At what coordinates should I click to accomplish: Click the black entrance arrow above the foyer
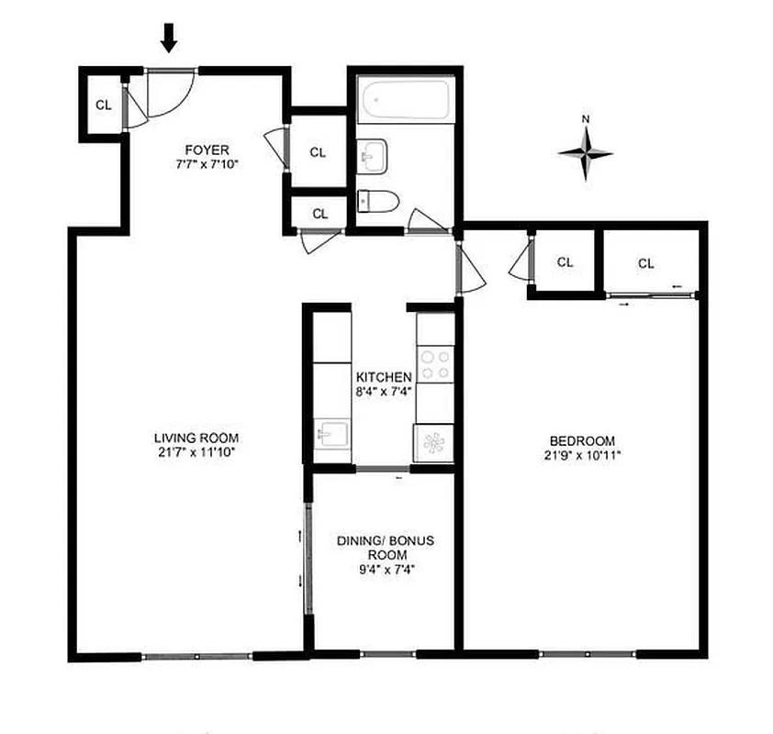point(169,39)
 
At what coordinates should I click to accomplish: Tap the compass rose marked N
point(586,152)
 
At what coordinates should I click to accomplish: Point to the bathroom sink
point(373,156)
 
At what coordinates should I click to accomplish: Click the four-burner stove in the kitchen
point(434,363)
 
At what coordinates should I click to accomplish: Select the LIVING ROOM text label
point(190,438)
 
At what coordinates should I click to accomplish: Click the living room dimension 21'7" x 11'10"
point(190,452)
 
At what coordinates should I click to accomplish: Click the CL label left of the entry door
point(104,104)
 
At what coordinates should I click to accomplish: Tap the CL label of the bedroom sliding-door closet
point(646,263)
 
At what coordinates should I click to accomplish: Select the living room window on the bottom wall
point(197,656)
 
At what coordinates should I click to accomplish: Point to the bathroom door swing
point(426,222)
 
